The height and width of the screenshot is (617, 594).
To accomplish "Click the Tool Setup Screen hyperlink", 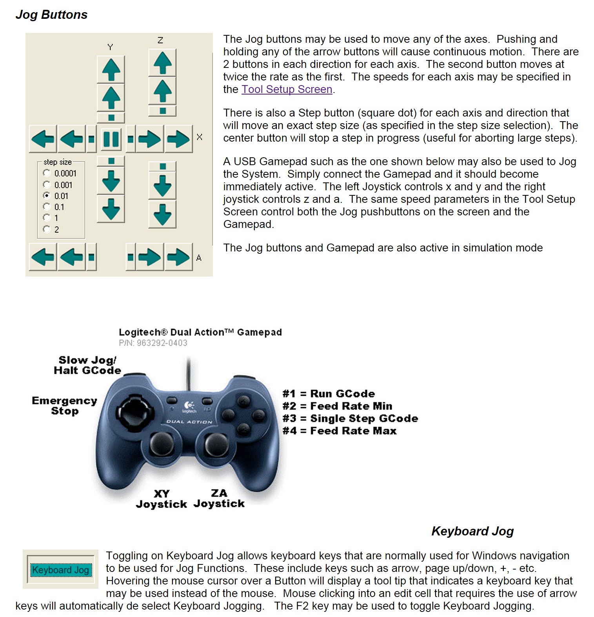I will (287, 89).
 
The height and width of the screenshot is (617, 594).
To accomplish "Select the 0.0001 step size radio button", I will (47, 173).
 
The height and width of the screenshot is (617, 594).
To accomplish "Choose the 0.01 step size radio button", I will (47, 195).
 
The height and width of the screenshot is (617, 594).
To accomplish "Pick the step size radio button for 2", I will (47, 229).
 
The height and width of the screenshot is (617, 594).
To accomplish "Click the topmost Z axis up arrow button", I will (162, 63).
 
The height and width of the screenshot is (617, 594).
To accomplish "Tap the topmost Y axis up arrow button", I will (111, 70).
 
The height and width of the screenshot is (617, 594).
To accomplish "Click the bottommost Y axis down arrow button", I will (111, 209).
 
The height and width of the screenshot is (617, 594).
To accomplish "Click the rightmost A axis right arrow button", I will (178, 257).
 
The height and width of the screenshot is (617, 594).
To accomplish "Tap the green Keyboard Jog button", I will (61, 570).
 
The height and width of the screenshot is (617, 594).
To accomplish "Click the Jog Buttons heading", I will (51, 15).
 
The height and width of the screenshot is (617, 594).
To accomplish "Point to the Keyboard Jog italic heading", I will (472, 531).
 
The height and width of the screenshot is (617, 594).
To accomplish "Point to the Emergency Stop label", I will (65, 406).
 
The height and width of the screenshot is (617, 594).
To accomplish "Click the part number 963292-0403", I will (162, 343).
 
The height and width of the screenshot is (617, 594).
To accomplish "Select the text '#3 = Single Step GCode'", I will (350, 419).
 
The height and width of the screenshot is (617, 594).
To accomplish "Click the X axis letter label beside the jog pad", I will (200, 137).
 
